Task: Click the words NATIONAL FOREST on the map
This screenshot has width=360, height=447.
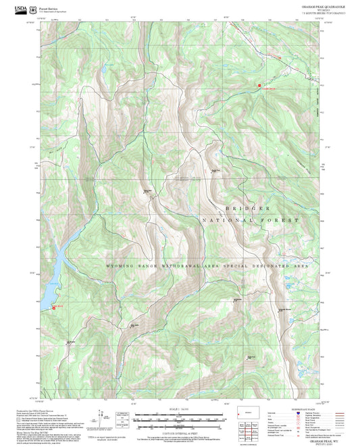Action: [x=249, y=221]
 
